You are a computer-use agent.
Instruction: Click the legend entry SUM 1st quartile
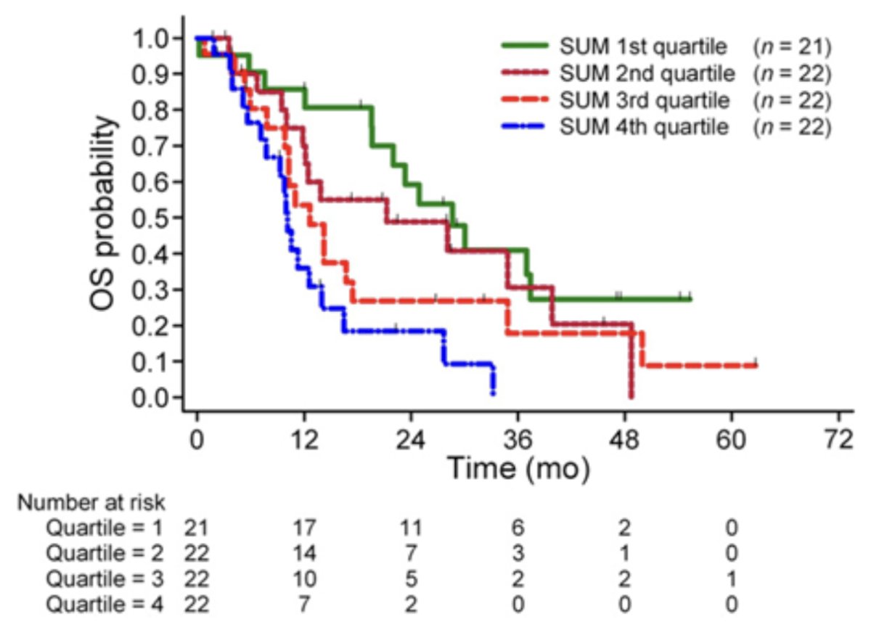pyautogui.click(x=643, y=47)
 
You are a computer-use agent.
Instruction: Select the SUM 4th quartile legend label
pyautogui.click(x=644, y=127)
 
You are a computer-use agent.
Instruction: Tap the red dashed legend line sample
pyautogui.click(x=525, y=99)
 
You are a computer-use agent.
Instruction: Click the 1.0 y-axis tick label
pyautogui.click(x=151, y=39)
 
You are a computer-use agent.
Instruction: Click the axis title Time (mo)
pyautogui.click(x=518, y=470)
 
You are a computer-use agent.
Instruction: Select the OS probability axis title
pyautogui.click(x=104, y=213)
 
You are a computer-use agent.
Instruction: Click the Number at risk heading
pyautogui.click(x=91, y=502)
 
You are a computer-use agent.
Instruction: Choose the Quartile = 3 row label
pyautogui.click(x=105, y=578)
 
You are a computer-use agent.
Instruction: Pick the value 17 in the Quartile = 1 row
pyautogui.click(x=303, y=528)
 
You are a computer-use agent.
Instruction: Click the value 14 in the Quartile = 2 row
pyautogui.click(x=303, y=553)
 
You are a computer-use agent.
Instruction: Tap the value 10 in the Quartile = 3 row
pyautogui.click(x=303, y=579)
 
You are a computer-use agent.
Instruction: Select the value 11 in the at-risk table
pyautogui.click(x=411, y=528)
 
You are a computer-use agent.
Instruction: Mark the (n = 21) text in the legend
pyautogui.click(x=792, y=47)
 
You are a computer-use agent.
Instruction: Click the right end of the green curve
pyautogui.click(x=690, y=299)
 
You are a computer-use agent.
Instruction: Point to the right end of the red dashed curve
pyautogui.click(x=756, y=366)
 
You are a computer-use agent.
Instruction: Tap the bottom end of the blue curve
pyautogui.click(x=493, y=394)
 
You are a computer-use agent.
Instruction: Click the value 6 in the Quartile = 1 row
pyautogui.click(x=518, y=528)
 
